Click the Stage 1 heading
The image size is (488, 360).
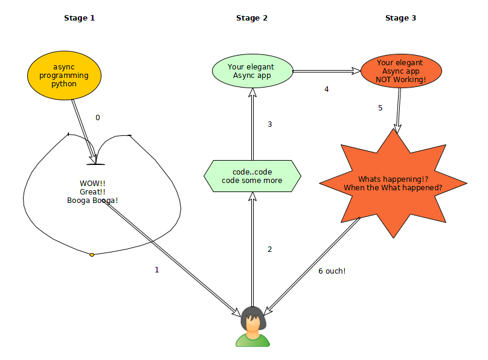[x=79, y=18]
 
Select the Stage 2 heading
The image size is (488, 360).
[x=252, y=18]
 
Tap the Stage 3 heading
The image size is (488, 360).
[x=400, y=18]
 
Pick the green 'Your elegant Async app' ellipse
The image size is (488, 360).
[x=252, y=71]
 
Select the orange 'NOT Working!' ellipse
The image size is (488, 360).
[x=400, y=71]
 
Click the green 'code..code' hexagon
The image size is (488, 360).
[x=252, y=176]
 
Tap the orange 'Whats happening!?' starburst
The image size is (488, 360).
[x=393, y=183]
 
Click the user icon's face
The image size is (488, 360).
[x=252, y=323]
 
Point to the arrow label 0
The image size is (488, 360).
[x=98, y=118]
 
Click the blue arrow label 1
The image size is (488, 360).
[x=157, y=270]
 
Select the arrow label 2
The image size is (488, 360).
[x=269, y=249]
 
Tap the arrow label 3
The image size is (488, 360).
[x=269, y=124]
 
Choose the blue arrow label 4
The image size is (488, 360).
[x=327, y=89]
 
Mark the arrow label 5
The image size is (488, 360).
[x=380, y=108]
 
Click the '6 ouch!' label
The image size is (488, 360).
[x=332, y=271]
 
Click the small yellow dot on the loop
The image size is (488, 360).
[x=92, y=255]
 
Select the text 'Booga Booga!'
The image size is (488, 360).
[x=92, y=201]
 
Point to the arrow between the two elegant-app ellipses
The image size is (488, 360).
[x=326, y=71]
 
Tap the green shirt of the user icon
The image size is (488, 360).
[x=252, y=339]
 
